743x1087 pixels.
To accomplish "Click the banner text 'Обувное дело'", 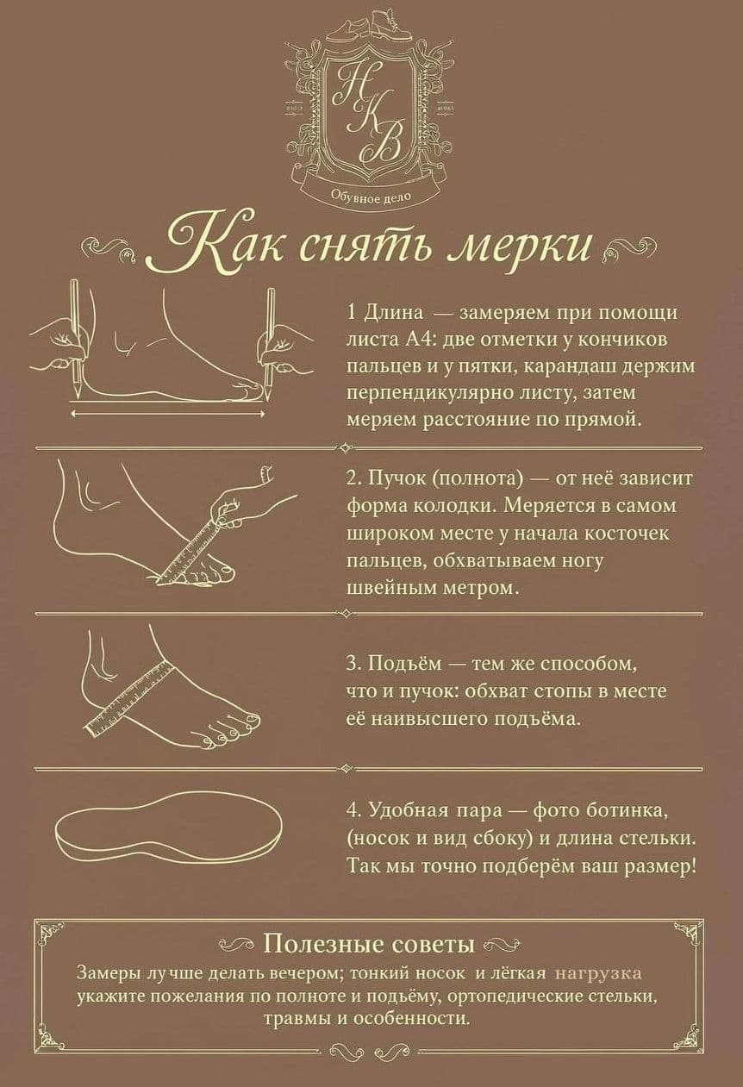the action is tap(371, 197).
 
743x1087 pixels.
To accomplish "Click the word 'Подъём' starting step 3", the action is tap(404, 664).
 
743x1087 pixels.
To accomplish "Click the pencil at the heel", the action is tap(76, 337).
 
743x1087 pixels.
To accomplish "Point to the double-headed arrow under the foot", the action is tap(168, 414).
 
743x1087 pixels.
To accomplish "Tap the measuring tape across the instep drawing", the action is tap(130, 699).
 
